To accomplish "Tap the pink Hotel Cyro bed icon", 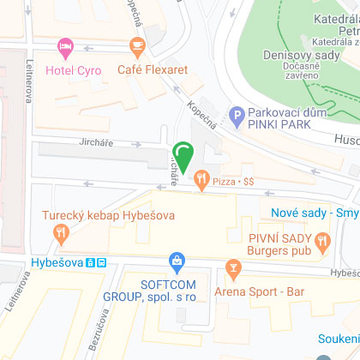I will point(64,45).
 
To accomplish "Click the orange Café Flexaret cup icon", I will point(136,45).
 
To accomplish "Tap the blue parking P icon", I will point(237,113).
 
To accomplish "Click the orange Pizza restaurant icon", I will point(201,180).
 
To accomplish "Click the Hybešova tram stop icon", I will point(101,262).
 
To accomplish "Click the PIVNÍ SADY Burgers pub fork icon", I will point(322,240).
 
